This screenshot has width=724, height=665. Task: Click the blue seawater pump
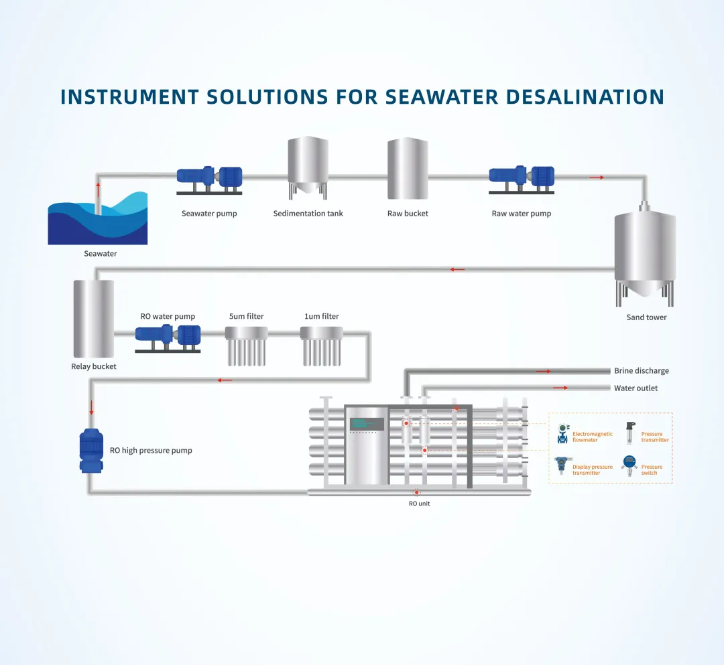tap(209, 178)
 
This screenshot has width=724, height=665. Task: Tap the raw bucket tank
tap(408, 168)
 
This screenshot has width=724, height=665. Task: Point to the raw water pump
tap(522, 178)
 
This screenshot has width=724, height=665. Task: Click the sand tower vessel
tap(645, 251)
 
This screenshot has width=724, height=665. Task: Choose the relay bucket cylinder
tap(94, 319)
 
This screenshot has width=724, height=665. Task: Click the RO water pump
tap(168, 337)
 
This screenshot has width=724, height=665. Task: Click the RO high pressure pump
tap(91, 450)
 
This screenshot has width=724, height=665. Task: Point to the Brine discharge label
tap(641, 371)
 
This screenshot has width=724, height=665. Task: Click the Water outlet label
tap(636, 388)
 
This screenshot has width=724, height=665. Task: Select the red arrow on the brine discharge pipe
tap(543, 371)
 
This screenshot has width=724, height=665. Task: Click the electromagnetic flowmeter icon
tap(562, 434)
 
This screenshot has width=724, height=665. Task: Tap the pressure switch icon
tap(629, 466)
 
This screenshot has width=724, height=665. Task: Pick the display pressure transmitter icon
tap(561, 466)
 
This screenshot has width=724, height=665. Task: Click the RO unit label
tap(419, 504)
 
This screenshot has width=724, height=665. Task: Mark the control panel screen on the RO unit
tap(367, 424)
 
